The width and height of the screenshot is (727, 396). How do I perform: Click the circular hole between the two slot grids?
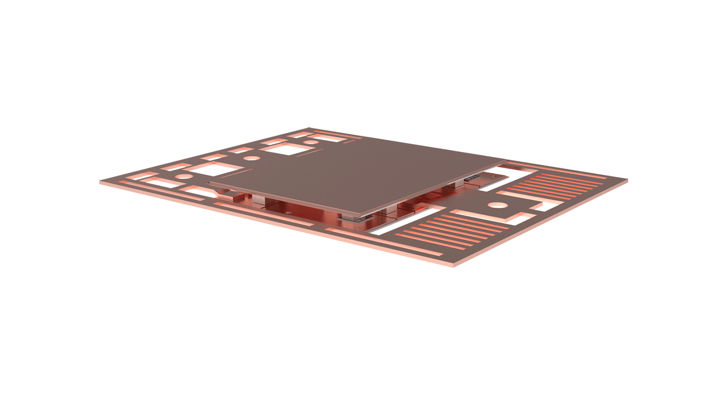[x=498, y=205]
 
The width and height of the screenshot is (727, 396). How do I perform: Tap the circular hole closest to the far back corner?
[x=311, y=142]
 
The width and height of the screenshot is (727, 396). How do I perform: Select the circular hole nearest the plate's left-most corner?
[x=184, y=176]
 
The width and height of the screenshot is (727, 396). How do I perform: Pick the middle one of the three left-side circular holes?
[x=252, y=158]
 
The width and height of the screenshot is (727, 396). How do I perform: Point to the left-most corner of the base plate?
[x=100, y=182]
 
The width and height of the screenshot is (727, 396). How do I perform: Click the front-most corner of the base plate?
[x=453, y=265]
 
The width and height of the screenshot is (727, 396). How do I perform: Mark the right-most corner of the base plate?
[x=627, y=180]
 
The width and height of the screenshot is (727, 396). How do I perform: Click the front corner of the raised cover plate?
[x=358, y=216]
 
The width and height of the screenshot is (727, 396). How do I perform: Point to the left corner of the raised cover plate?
[x=209, y=184]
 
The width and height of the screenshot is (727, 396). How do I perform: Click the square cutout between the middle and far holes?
[x=285, y=149]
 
